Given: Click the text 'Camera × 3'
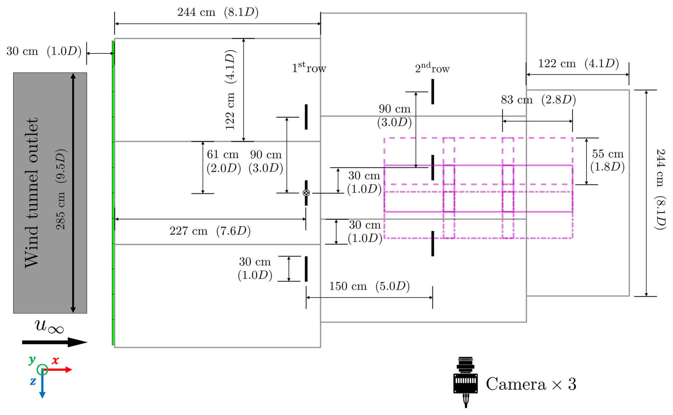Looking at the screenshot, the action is tap(531, 384).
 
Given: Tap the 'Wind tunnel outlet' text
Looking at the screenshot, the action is tap(31, 193).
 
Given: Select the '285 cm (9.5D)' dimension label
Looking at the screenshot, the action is tap(61, 189).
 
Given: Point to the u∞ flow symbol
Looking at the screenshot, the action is tap(49, 327).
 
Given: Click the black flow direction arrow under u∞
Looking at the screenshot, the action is tap(54, 342).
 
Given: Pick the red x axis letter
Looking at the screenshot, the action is tap(55, 360).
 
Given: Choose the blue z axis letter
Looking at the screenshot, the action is tap(33, 381).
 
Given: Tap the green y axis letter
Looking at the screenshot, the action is tap(32, 359).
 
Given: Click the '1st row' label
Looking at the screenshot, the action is tap(309, 67).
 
